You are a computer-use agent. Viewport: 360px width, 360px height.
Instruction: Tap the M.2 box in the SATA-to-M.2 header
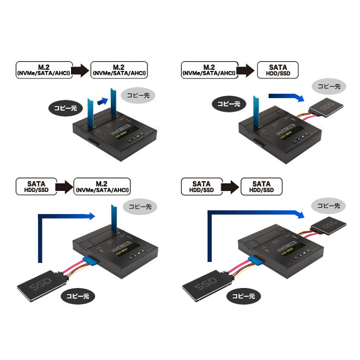click(103, 186)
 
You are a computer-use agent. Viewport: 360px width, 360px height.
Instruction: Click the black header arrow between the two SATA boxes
click(229, 186)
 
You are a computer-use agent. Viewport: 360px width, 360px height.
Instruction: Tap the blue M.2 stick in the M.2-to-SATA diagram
click(257, 114)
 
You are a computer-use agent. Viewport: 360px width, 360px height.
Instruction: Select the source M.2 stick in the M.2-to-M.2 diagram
click(91, 113)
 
